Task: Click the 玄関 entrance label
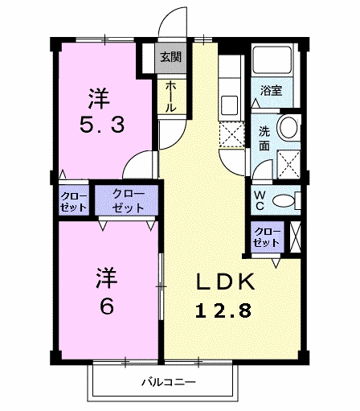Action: (x=170, y=57)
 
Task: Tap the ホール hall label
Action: (x=170, y=97)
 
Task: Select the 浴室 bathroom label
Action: (x=271, y=91)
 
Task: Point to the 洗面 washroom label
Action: (x=264, y=138)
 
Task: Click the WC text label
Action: (x=259, y=200)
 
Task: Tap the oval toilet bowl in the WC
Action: (x=283, y=200)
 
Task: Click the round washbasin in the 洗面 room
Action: (x=288, y=127)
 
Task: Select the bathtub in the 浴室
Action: (x=272, y=60)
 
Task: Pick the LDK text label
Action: (x=226, y=282)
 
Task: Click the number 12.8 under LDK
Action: (x=223, y=310)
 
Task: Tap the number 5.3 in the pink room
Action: (x=102, y=125)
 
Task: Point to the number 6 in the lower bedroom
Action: (x=107, y=306)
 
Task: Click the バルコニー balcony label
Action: (x=169, y=382)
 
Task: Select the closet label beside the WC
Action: (x=267, y=237)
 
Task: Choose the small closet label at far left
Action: (x=73, y=202)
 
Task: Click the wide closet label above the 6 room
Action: (x=128, y=201)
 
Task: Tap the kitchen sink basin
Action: (x=229, y=104)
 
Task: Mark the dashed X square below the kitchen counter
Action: (x=231, y=135)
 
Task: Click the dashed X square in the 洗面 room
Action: (x=288, y=164)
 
